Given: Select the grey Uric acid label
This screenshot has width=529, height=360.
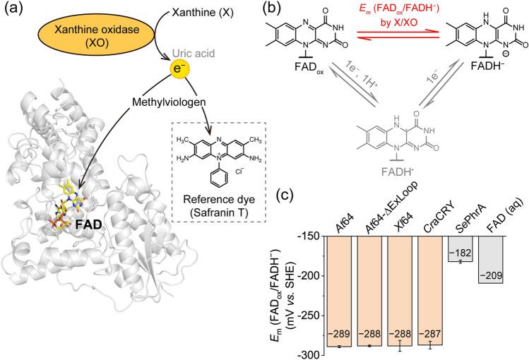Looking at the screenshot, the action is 194,53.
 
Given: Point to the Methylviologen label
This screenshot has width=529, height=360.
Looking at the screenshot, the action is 169,102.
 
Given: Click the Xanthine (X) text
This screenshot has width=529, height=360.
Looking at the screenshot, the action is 203,13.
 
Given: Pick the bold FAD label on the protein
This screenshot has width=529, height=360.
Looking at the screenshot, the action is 88,225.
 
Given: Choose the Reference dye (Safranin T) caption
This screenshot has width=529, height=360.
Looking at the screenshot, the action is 219,205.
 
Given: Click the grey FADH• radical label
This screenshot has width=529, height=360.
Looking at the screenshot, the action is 398,172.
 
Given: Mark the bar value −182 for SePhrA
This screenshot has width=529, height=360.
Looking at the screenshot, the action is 460,253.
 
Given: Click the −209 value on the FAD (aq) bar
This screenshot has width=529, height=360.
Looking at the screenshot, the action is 491,276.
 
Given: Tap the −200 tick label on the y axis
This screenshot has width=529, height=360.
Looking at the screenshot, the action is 309,276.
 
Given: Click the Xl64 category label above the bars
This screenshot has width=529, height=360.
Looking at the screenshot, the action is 403,223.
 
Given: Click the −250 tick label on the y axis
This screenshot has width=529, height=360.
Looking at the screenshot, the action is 309,316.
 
